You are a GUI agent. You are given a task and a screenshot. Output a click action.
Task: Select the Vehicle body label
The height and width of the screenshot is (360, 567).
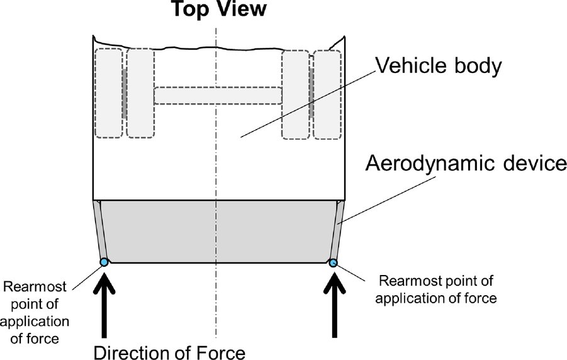[x=438, y=65]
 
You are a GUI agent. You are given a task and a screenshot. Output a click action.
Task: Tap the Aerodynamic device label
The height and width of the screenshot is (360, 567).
[x=466, y=165]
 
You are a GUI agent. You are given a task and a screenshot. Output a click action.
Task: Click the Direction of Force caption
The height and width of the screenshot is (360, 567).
[x=169, y=352]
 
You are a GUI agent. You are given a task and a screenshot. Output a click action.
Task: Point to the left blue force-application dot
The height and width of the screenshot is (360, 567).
[x=104, y=262]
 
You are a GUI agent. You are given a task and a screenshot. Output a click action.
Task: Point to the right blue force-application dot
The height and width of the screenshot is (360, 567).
[x=333, y=262]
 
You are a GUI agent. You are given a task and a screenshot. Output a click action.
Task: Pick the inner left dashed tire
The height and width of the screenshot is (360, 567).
[x=140, y=93]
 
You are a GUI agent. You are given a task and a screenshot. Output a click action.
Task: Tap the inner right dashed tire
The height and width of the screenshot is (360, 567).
[x=295, y=94]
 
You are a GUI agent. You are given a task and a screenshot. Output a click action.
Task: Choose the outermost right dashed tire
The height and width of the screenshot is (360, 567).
[x=327, y=94]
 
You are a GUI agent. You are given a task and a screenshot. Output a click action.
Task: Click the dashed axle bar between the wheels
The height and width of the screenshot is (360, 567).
[x=218, y=95]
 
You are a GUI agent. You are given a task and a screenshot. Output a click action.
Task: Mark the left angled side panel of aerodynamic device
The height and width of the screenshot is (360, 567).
[x=101, y=230]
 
